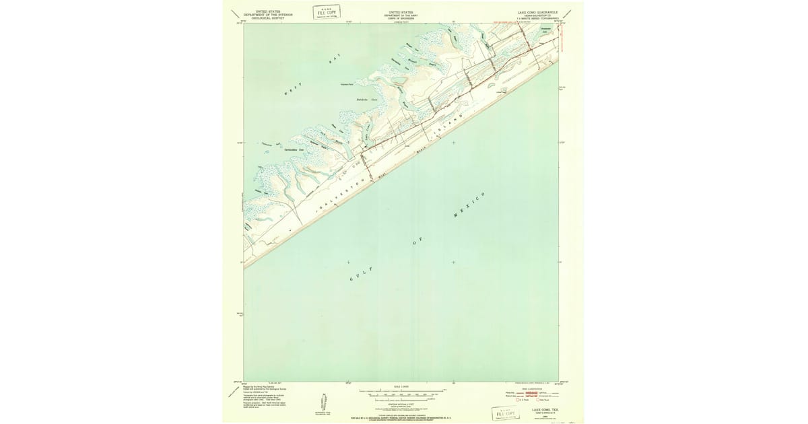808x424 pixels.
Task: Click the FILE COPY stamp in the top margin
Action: click(327, 11)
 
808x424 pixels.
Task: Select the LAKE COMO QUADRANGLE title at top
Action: click(537, 12)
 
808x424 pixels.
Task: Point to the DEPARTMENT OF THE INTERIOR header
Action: click(264, 15)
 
